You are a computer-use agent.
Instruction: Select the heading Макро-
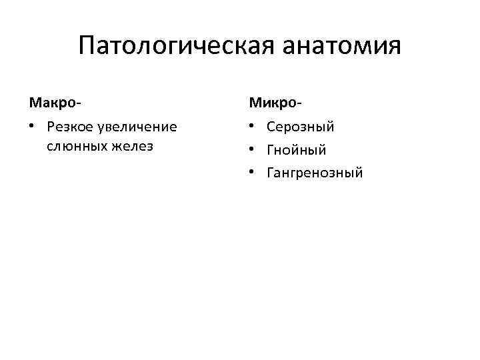[55, 103]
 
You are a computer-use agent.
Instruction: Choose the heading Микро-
[275, 103]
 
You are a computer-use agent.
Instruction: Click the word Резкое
[70, 127]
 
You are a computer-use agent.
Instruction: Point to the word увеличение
[137, 127]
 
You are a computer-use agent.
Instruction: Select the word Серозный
[300, 127]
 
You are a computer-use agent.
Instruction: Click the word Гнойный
[296, 150]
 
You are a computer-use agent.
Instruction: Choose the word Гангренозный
[315, 173]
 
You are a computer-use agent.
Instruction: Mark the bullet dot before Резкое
[32, 127]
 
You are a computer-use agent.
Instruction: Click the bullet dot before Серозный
[253, 127]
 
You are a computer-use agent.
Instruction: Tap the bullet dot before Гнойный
[253, 150]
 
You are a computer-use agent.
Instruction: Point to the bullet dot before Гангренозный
[253, 173]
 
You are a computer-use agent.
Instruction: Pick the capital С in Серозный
[271, 127]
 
